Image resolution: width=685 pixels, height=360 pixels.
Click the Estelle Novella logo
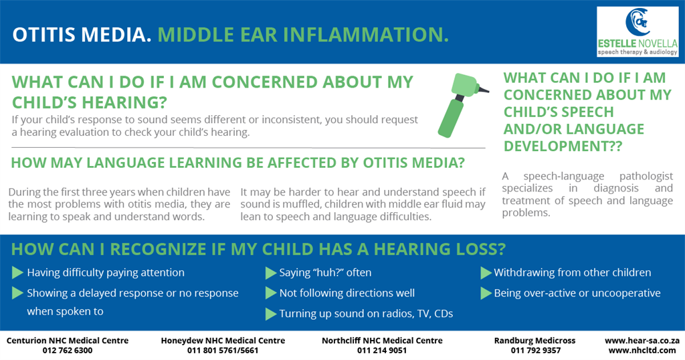638,31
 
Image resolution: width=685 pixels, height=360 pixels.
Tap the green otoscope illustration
462,105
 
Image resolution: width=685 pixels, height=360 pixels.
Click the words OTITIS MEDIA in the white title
82,35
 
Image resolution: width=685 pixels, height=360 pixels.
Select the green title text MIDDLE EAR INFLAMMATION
303,35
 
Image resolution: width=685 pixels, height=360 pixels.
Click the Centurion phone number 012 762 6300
68,351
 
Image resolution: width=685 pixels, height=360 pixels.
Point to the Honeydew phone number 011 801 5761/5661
223,351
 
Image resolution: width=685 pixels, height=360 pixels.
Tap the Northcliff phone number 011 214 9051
382,351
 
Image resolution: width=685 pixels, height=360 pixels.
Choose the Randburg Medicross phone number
536,351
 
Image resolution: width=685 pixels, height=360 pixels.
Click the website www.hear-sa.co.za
642,341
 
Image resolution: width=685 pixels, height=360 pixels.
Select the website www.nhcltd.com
642,351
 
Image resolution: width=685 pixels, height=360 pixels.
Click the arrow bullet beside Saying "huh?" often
270,273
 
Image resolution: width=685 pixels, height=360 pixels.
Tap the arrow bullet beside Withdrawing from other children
486,273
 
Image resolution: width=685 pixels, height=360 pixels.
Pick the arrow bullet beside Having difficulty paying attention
17,272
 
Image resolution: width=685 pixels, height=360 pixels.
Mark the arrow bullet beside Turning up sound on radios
270,314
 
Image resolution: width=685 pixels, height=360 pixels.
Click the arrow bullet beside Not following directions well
270,293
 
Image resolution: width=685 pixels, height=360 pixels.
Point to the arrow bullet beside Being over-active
486,293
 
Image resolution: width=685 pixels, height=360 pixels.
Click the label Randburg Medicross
534,341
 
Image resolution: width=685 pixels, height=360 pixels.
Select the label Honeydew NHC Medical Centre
223,341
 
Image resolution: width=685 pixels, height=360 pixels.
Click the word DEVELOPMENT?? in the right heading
563,146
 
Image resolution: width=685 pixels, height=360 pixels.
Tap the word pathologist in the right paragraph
646,177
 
